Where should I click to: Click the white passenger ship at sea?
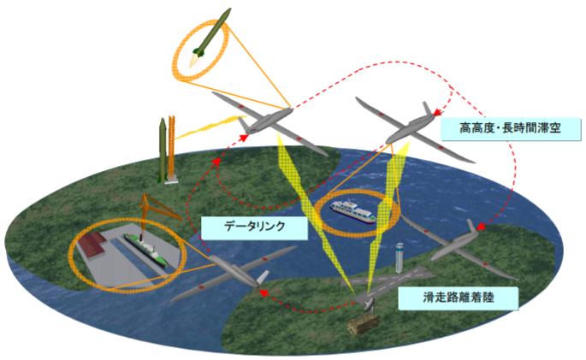tap(354, 212)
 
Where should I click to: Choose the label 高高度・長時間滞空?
tap(510, 129)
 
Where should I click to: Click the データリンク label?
tap(253, 227)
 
